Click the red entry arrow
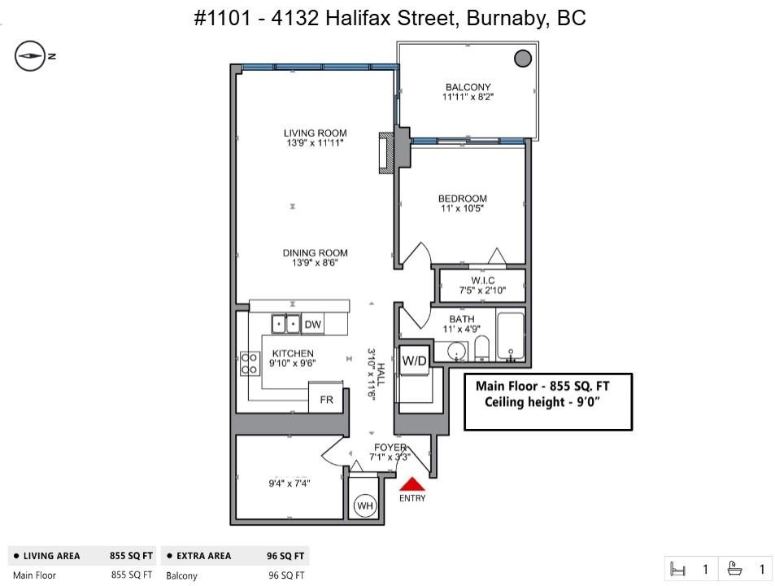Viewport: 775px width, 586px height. click(412, 483)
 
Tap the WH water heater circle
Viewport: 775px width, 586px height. click(365, 505)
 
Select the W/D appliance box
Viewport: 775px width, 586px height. click(414, 361)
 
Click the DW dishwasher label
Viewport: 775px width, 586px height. click(312, 325)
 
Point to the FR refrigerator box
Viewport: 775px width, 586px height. click(326, 399)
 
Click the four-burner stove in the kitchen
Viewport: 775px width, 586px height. click(250, 364)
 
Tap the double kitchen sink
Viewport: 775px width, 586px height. click(285, 324)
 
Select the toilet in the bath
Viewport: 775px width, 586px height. click(482, 348)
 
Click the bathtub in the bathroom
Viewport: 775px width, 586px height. click(511, 336)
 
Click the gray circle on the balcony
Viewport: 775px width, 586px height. click(523, 59)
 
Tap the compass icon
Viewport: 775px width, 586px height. click(30, 56)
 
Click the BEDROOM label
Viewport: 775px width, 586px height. click(463, 199)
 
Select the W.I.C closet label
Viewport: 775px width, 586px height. click(483, 281)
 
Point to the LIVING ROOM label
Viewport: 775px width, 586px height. click(316, 133)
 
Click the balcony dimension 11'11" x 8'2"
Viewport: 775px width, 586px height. click(468, 97)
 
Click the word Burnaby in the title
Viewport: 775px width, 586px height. click(507, 18)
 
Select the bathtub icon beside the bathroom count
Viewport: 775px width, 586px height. click(735, 569)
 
